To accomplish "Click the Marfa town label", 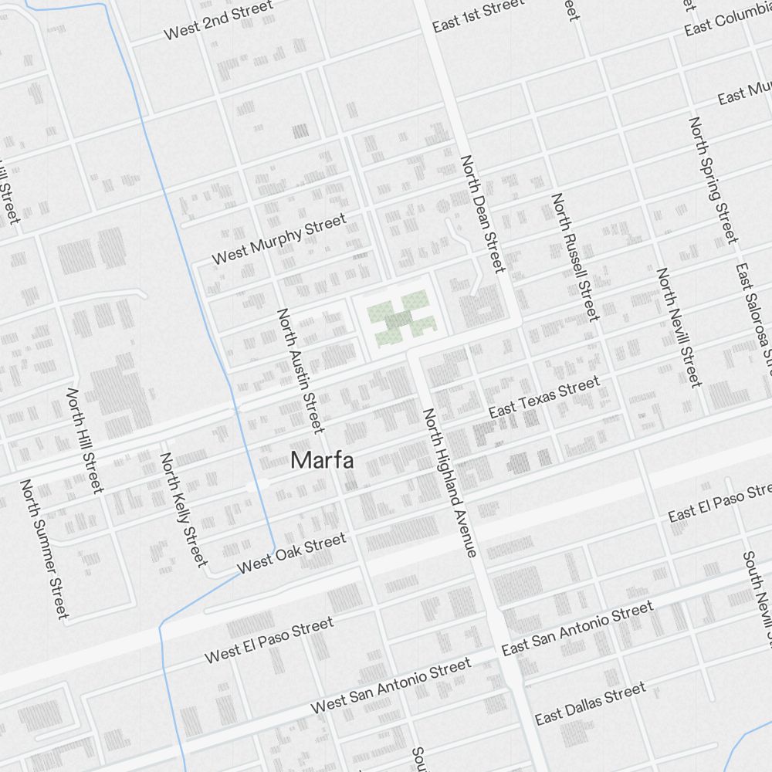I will (323, 461).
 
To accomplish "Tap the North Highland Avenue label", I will (449, 482).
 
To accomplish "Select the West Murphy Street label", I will (279, 240).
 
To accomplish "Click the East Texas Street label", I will (544, 398).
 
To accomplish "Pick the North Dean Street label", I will (482, 214).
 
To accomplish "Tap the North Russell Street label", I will (574, 256).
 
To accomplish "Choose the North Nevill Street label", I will (679, 327).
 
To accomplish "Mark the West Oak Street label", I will (292, 554).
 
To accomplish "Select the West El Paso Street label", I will (269, 640).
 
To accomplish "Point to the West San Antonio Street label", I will (391, 685).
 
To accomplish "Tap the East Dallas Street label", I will (591, 703).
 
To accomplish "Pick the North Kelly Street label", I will (184, 509).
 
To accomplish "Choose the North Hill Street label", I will (85, 441).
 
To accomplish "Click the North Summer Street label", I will (45, 549).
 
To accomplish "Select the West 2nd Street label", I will (218, 20).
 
